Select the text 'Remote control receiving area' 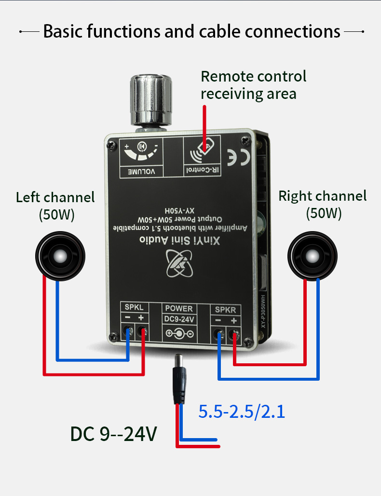pyautogui.click(x=253, y=84)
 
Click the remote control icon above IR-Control pyautogui.click(x=202, y=153)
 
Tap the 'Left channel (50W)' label pyautogui.click(x=55, y=205)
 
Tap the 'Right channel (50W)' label pyautogui.click(x=323, y=204)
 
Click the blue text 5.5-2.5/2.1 pyautogui.click(x=242, y=412)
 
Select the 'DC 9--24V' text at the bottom pyautogui.click(x=114, y=434)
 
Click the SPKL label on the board pyautogui.click(x=134, y=308)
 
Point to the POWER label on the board pyautogui.click(x=179, y=308)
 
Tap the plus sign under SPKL pyautogui.click(x=141, y=318)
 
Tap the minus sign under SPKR pyautogui.click(x=218, y=321)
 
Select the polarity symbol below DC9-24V pyautogui.click(x=179, y=333)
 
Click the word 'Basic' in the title pyautogui.click(x=66, y=32)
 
